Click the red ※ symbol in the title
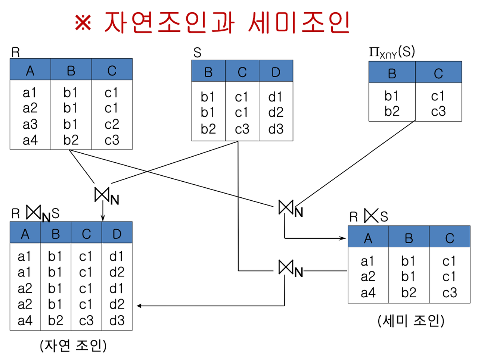pos(83,23)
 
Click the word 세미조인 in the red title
pos(299,22)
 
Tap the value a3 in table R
pos(30,124)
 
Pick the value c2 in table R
pos(112,124)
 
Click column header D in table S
pos(276,72)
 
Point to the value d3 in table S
pos(276,129)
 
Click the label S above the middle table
pos(197,53)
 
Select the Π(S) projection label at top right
pos(392,53)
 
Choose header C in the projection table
pos(438,73)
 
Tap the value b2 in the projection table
pos(392,111)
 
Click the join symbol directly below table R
pos(102,194)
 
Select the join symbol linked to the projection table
pos(286,207)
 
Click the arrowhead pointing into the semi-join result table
pos(343,238)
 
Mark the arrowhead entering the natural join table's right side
pos(139,306)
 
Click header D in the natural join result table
pos(117,234)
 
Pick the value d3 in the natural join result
pos(117,320)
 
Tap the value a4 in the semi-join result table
pos(368,293)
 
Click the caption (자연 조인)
pos(73,345)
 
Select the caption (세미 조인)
pos(411,320)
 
